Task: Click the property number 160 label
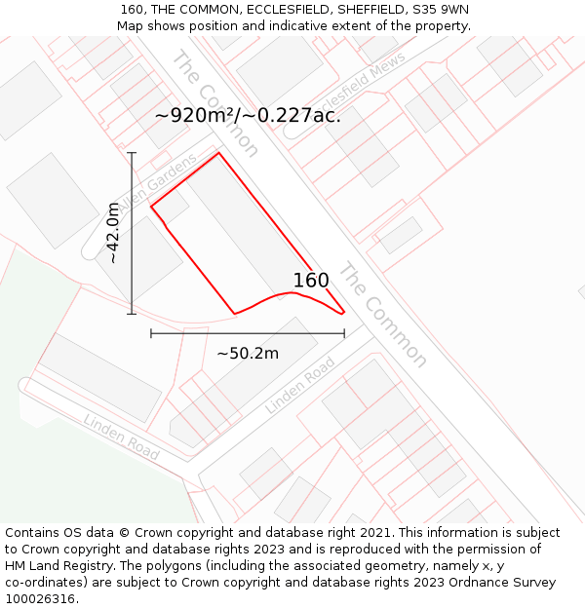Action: (311, 281)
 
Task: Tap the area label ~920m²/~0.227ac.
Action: (248, 115)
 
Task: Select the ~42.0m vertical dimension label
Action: (114, 233)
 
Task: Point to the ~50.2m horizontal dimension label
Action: (248, 353)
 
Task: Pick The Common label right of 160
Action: (382, 314)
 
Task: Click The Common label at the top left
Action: (215, 102)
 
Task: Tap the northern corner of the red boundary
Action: (218, 153)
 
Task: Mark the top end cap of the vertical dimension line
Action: (132, 153)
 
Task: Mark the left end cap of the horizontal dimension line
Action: (151, 333)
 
